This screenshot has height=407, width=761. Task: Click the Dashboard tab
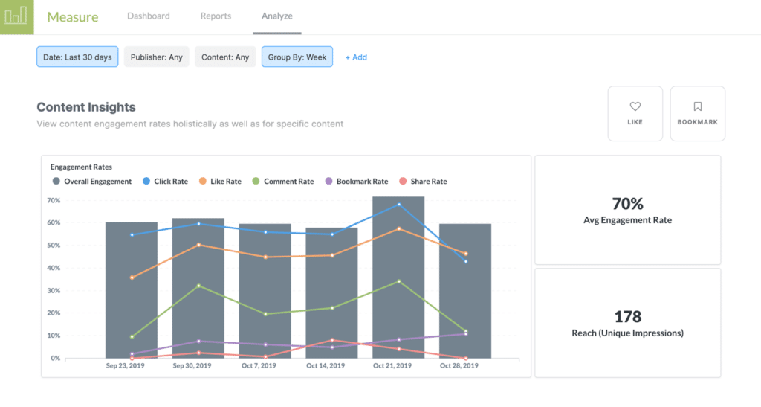coord(148,16)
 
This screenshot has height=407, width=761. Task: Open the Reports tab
coord(216,16)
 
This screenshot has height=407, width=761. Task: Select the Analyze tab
coord(276,16)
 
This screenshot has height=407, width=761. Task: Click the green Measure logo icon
coord(16,16)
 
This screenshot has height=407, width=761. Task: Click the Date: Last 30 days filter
coord(77,57)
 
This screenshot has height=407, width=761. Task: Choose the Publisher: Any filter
coord(156,57)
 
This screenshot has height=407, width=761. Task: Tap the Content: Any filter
coord(225,57)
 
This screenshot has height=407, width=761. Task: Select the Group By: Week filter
coord(297,57)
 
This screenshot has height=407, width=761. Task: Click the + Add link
coord(356,57)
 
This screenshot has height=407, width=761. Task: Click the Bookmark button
coord(697,113)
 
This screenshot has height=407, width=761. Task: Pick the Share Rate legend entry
coord(424,182)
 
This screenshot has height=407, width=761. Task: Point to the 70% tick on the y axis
coord(54,201)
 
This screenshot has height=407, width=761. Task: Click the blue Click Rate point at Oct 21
coord(398,205)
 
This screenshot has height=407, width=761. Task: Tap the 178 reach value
coord(627,317)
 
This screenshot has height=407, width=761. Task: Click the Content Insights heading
coord(86,107)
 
